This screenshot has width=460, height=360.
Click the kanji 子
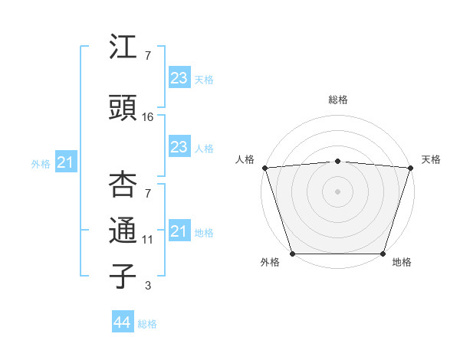(123, 276)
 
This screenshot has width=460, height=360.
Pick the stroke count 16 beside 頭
(148, 116)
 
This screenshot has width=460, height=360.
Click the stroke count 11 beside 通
(148, 240)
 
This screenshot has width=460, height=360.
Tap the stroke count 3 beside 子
(148, 286)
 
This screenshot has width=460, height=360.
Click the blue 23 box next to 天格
(179, 78)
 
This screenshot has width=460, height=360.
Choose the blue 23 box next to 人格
(179, 147)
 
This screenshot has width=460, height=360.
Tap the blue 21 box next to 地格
(179, 231)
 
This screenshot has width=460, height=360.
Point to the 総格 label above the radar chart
(337, 100)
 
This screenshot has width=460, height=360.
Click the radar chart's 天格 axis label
(431, 159)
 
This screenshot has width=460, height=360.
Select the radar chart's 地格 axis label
(402, 262)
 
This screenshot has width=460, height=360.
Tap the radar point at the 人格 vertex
(264, 168)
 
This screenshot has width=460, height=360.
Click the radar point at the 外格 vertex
(292, 253)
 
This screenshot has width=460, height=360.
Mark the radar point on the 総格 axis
(337, 161)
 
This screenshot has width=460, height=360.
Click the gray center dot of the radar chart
(337, 191)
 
